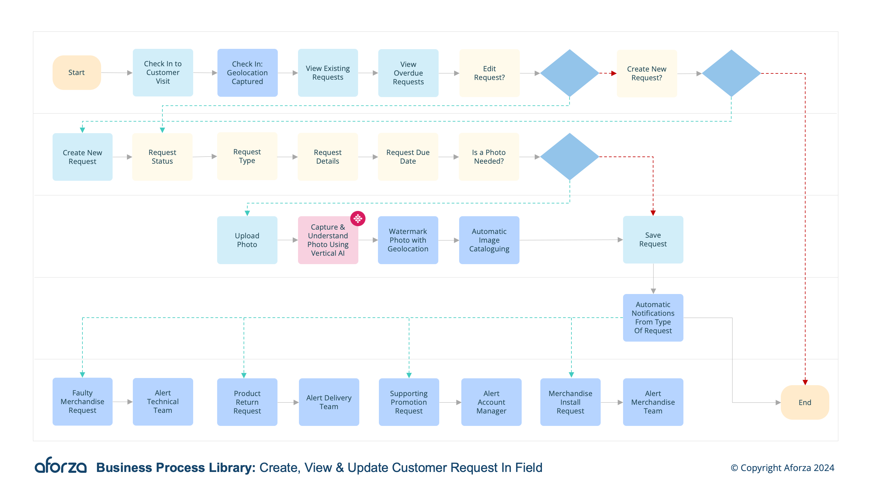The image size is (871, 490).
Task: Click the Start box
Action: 77,73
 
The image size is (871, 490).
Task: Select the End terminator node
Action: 804,402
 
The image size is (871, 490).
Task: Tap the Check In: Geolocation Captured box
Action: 247,73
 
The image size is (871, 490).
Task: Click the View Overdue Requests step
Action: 408,73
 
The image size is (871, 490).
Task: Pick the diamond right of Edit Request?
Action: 569,73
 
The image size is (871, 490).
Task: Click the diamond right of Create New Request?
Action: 731,73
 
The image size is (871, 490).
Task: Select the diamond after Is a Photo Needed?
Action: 569,156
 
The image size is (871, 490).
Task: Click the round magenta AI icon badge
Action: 358,219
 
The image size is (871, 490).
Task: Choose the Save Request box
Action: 653,240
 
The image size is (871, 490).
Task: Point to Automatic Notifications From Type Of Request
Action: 653,318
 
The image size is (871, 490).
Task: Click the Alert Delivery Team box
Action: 329,402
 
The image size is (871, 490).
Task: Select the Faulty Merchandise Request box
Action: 82,401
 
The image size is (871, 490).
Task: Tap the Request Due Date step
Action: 408,156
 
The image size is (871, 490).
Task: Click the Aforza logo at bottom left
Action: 61,466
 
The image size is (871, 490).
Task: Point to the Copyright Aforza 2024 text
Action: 782,468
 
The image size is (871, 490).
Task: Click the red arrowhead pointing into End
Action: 805,382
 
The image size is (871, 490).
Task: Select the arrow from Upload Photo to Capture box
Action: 287,240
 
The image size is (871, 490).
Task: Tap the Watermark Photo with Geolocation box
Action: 408,240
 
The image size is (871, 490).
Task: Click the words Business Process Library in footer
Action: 176,468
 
